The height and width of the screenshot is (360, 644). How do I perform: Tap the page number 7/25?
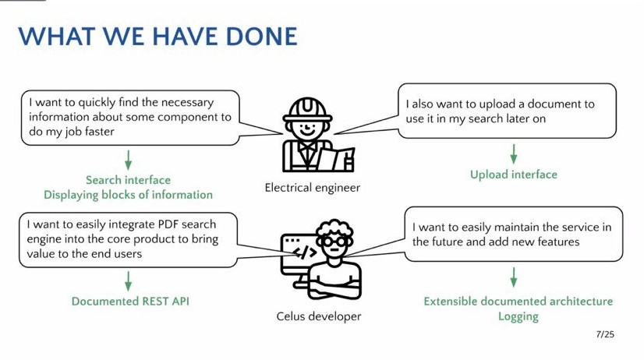coord(605,334)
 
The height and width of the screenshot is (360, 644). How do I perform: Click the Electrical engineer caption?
coord(312,188)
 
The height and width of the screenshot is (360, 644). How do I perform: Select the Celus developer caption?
coord(319,316)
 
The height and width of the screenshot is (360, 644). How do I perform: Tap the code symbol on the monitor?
coord(304,252)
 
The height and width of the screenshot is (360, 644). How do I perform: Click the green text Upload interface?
coord(513,175)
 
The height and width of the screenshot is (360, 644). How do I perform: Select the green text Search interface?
coord(128,180)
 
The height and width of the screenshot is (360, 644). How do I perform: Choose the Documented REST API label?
coord(130,302)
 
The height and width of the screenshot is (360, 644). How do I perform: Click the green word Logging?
coord(518,316)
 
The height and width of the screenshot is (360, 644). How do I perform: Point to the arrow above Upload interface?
coord(513,154)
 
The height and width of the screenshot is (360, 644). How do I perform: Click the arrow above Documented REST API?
coord(128,281)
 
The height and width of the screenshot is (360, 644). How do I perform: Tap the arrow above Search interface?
coord(128,160)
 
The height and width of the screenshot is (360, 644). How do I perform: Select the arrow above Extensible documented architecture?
coord(513,277)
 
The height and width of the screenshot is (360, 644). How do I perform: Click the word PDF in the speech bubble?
coord(168,224)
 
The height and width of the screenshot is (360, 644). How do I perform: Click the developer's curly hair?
coord(334,228)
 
